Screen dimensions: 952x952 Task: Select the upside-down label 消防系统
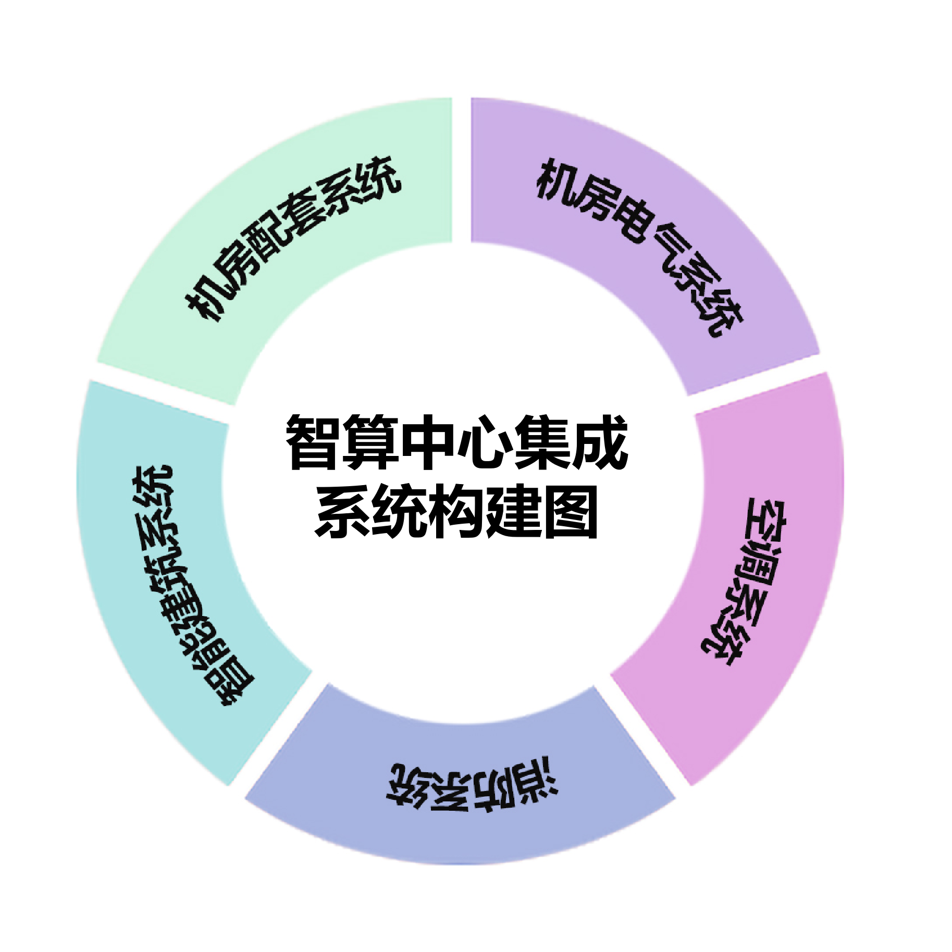pos(472,787)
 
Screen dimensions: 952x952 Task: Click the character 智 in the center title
pos(314,442)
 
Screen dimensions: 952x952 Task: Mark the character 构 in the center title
pos(456,510)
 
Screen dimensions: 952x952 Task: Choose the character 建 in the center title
pos(514,510)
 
